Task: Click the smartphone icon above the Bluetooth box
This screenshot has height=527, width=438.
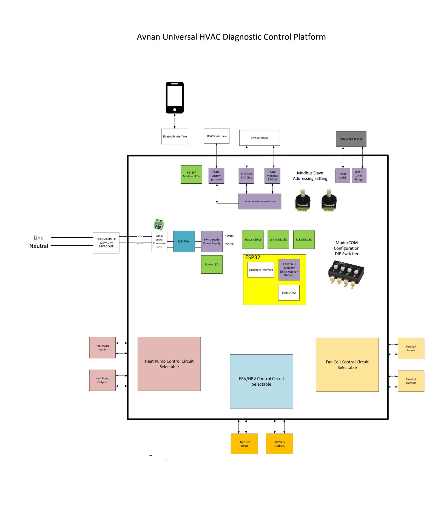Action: (x=174, y=97)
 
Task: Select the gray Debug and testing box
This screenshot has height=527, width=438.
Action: (x=351, y=139)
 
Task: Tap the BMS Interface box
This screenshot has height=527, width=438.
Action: (x=259, y=138)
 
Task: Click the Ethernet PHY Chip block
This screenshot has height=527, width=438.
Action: (x=246, y=176)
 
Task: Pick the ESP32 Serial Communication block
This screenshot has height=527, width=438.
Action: (x=260, y=201)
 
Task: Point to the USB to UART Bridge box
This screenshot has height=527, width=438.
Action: (x=359, y=176)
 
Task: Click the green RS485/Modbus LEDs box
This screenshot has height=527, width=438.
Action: (x=191, y=174)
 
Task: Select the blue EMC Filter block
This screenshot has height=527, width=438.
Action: (x=184, y=242)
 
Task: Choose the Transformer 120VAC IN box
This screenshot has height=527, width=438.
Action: (x=106, y=243)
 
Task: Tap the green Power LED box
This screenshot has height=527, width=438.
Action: (x=212, y=265)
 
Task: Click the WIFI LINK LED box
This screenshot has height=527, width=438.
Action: (x=278, y=240)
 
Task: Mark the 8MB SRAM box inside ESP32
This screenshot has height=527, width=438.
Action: (x=289, y=293)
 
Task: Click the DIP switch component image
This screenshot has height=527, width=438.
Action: (x=346, y=274)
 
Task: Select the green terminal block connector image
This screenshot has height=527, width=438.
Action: (x=159, y=225)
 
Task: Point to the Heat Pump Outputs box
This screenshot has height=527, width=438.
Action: (x=102, y=380)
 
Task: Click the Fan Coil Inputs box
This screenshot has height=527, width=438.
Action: (x=411, y=348)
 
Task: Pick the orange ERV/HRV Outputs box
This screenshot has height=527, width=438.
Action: (x=279, y=444)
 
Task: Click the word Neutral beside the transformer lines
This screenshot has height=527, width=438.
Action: (x=39, y=246)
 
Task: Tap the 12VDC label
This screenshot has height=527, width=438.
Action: (x=229, y=236)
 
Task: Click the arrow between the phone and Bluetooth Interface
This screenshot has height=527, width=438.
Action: (x=175, y=121)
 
